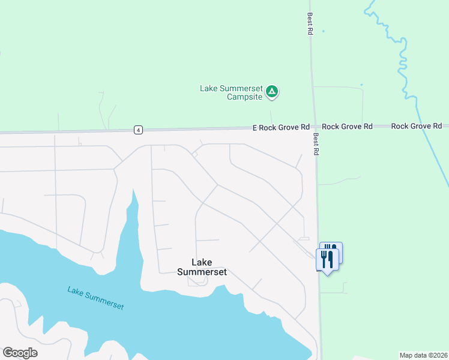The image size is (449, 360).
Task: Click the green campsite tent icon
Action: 272,92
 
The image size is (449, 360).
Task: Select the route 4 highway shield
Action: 139,130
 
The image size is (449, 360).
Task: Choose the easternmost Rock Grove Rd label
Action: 417,126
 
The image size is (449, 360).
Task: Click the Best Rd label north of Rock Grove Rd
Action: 310,24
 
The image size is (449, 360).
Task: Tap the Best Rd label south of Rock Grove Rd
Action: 315,145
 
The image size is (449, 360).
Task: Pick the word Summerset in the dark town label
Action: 202,272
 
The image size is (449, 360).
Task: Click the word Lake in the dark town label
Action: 202,262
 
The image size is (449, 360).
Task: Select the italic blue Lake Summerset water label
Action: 95,298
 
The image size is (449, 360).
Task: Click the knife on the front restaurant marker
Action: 331,259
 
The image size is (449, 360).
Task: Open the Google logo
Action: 20,353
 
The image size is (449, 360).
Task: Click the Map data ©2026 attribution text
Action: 423,355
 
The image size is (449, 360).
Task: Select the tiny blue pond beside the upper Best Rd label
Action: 323,31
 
